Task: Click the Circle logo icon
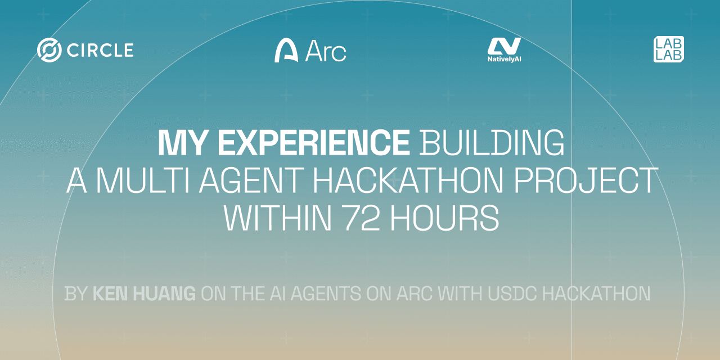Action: tap(49, 50)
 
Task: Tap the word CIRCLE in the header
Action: tap(100, 51)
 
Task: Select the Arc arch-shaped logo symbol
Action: tap(286, 51)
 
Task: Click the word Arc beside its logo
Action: tap(326, 51)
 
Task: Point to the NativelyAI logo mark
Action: tap(504, 46)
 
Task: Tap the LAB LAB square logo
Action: tap(669, 49)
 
